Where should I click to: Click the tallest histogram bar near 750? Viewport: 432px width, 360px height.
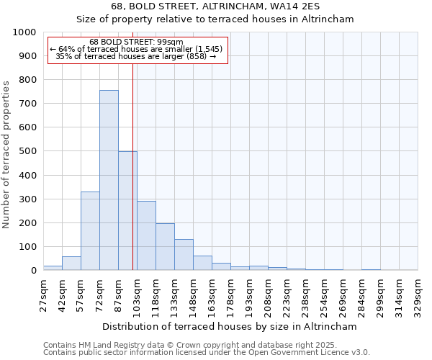[109, 180]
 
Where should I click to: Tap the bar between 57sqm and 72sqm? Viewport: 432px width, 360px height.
[90, 230]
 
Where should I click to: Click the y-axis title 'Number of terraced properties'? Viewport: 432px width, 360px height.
[6, 154]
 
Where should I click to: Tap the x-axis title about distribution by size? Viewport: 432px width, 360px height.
[230, 326]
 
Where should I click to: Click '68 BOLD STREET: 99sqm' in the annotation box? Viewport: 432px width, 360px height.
[137, 42]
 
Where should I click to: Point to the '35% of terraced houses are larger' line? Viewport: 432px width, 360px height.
[136, 56]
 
